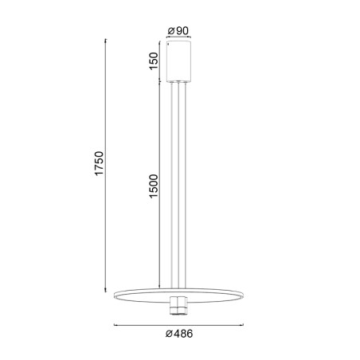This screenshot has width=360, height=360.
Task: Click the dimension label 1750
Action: (x=98, y=165)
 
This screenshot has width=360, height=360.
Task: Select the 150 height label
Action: (x=154, y=61)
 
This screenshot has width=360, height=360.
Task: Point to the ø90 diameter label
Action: (x=178, y=30)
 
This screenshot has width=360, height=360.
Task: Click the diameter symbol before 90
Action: (x=171, y=30)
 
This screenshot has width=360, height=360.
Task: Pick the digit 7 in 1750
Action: (x=98, y=170)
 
